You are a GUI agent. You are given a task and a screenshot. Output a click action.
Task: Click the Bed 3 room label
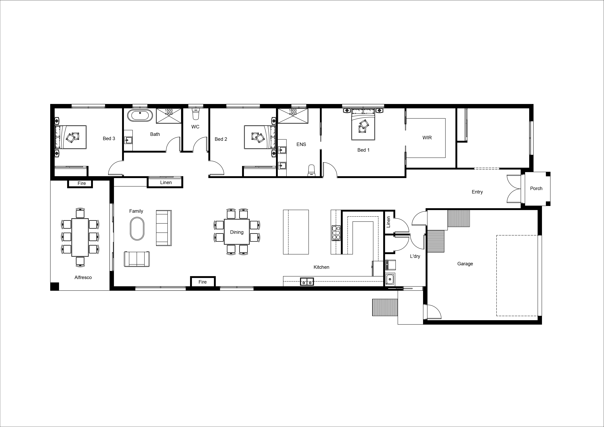click(x=109, y=139)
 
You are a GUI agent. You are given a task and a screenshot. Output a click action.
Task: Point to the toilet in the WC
click(x=195, y=114)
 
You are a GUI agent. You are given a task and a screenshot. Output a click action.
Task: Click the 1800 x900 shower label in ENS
click(x=293, y=112)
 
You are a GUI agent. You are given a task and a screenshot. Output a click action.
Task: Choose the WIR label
click(x=427, y=138)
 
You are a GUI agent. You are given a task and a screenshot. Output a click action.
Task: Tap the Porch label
click(x=536, y=188)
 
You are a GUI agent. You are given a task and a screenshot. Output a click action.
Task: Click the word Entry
click(x=477, y=192)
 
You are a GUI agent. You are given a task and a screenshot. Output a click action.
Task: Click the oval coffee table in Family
click(x=137, y=228)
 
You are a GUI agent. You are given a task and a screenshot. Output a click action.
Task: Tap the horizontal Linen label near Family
click(x=166, y=182)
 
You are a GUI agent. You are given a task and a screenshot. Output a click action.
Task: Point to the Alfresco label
click(x=83, y=277)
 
